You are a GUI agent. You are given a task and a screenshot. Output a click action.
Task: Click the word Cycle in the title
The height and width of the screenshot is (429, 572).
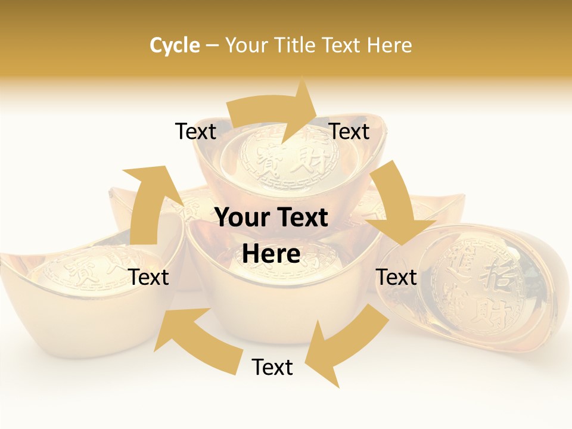[x=175, y=45]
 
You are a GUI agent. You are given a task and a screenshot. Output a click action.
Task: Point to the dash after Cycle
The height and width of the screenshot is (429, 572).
[x=212, y=46]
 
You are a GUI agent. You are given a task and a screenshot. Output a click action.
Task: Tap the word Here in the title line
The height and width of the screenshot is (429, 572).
[x=389, y=45]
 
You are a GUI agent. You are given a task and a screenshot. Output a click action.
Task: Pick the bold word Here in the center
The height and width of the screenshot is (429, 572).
[x=271, y=254]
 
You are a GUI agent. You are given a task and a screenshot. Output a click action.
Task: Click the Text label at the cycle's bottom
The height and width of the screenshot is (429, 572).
[x=272, y=368]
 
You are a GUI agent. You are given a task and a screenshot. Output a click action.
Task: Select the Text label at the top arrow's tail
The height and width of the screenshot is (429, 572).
[x=195, y=131]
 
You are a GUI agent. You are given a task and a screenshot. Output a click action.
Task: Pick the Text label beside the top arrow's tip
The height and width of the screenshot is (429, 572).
[x=350, y=131]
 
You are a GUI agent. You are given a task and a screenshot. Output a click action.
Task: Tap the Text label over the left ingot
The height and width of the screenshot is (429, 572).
[x=149, y=277]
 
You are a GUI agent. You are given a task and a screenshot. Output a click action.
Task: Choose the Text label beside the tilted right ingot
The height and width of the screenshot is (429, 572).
[x=397, y=277]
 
